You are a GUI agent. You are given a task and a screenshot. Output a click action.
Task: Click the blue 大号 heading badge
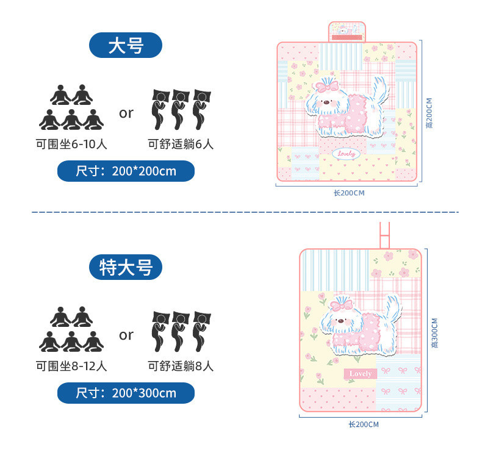(x=126, y=46)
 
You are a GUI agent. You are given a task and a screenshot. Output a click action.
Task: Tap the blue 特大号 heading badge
(x=126, y=267)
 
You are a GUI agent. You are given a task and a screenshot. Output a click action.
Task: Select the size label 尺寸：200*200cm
(x=126, y=171)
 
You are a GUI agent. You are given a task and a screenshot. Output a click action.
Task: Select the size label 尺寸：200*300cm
(x=126, y=393)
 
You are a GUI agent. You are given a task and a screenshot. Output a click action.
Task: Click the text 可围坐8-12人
(x=71, y=367)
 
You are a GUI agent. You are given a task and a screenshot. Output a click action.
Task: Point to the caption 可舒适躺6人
(x=181, y=145)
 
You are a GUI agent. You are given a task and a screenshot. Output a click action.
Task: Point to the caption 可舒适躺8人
(x=181, y=367)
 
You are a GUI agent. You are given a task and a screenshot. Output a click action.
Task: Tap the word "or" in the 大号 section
(x=126, y=113)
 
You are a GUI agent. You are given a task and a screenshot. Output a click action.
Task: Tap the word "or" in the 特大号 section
(x=126, y=334)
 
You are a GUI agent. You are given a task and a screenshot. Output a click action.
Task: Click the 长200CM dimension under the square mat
(x=348, y=193)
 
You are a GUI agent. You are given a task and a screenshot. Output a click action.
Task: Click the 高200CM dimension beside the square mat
(x=430, y=113)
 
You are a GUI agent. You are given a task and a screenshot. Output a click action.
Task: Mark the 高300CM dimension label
(x=434, y=332)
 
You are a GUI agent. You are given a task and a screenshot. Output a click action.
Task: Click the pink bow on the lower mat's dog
(x=341, y=304)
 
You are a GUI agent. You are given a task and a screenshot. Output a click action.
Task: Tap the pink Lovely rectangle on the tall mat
(x=361, y=373)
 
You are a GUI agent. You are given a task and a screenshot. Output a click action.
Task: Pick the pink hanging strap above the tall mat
(x=386, y=235)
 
